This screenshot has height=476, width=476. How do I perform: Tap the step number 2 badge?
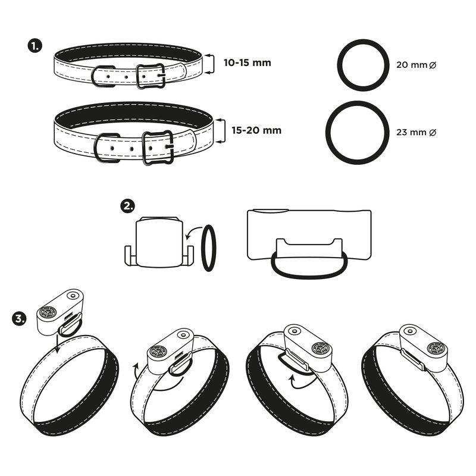click(127, 206)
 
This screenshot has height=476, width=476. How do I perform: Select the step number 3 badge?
click(19, 320)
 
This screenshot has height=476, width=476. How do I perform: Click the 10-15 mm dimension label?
click(247, 63)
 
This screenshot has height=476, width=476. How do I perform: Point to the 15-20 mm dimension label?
click(256, 130)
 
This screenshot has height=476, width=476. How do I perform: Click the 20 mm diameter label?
click(416, 65)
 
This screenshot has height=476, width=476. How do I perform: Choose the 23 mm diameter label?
click(416, 132)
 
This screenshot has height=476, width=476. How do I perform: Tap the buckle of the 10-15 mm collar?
click(137, 76)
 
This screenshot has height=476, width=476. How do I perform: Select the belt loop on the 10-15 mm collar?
click(93, 76)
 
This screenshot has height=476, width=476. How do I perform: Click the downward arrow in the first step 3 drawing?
click(57, 343)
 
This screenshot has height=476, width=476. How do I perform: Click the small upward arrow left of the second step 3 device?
click(136, 369)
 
